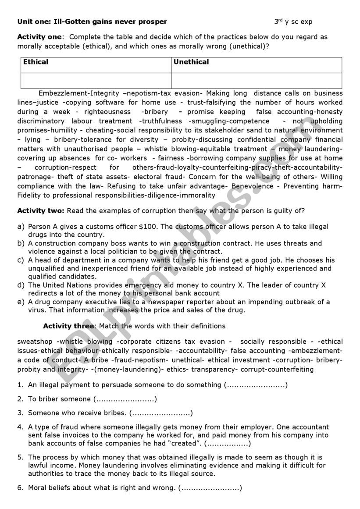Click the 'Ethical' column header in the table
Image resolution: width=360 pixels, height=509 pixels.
(x=36, y=62)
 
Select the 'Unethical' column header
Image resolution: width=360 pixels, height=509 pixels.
(x=191, y=62)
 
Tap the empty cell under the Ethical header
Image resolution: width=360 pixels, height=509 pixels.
(x=96, y=80)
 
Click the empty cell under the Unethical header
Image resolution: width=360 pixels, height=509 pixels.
(x=256, y=80)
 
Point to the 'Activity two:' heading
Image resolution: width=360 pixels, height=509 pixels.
(x=41, y=210)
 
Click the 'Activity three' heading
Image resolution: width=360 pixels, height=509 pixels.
(x=68, y=326)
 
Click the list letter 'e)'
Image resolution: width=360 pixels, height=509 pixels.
(x=21, y=302)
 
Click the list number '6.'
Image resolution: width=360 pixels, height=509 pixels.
(x=20, y=488)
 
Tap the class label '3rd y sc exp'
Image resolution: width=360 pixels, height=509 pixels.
(x=293, y=21)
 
